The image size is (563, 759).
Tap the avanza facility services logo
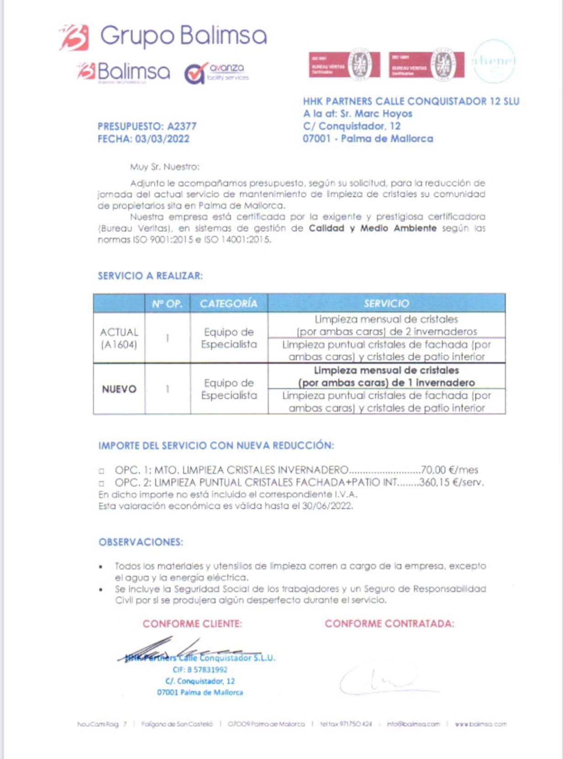(216, 73)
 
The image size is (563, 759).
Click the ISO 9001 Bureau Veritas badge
(344, 64)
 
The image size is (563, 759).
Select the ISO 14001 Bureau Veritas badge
(426, 64)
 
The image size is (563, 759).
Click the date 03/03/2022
(162, 139)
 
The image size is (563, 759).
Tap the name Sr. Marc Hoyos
(376, 114)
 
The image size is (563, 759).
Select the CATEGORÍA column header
(228, 304)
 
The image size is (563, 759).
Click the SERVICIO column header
(386, 304)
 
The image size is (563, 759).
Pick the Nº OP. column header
(167, 304)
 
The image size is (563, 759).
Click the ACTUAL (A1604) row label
(119, 338)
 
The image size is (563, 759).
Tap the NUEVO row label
(119, 389)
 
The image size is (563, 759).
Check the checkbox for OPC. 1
(101, 471)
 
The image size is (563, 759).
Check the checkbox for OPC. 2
(101, 483)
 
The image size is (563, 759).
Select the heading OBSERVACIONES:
(141, 542)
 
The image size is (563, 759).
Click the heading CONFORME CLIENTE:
(192, 624)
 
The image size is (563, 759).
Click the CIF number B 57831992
(200, 669)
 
